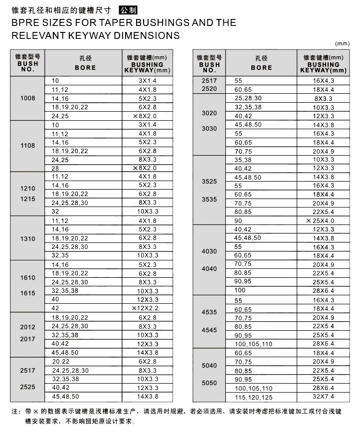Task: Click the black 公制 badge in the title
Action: click(128, 10)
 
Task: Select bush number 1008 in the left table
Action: click(28, 98)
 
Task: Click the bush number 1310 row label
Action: click(28, 238)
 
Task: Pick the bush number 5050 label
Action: click(209, 383)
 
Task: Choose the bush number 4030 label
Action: click(209, 251)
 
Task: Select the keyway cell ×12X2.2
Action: click(144, 308)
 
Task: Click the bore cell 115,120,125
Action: click(254, 397)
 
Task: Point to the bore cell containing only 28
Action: click(55, 168)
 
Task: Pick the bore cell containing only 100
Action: click(240, 290)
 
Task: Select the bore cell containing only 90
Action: click(238, 220)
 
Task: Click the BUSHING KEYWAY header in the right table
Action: click(323, 67)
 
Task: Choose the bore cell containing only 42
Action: click(55, 308)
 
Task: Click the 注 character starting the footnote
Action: click(14, 412)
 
